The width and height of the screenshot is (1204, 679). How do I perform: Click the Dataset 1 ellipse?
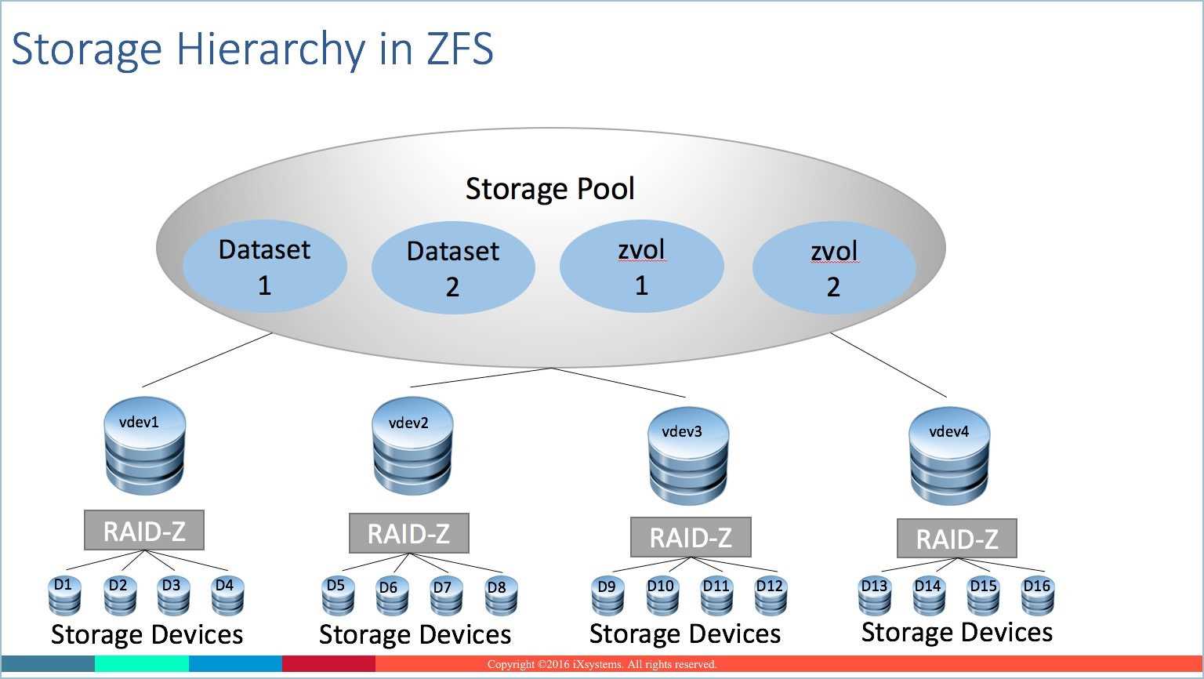click(265, 266)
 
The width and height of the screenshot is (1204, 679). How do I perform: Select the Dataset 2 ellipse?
click(453, 267)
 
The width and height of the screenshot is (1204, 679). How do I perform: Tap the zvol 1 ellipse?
click(641, 267)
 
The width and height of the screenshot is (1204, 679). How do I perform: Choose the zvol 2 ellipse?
click(833, 268)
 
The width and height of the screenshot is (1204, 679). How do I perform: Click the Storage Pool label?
click(549, 189)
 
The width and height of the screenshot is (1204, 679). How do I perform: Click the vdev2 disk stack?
click(412, 446)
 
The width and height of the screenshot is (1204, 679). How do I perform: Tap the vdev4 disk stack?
click(949, 456)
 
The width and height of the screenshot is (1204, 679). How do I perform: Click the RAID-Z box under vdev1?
click(144, 531)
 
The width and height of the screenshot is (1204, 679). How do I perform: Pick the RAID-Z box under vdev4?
click(957, 539)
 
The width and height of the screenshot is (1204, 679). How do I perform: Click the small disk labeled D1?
click(63, 597)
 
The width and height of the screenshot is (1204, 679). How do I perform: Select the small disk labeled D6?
click(389, 598)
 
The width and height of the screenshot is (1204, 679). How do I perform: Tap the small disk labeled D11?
click(716, 597)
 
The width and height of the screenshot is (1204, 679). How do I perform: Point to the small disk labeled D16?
click(1037, 597)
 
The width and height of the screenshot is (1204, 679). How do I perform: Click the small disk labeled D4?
click(227, 597)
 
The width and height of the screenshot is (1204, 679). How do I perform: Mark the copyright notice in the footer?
click(602, 664)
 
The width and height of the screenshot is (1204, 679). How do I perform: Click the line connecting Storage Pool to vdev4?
click(889, 365)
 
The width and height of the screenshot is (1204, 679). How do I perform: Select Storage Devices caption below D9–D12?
click(685, 634)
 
